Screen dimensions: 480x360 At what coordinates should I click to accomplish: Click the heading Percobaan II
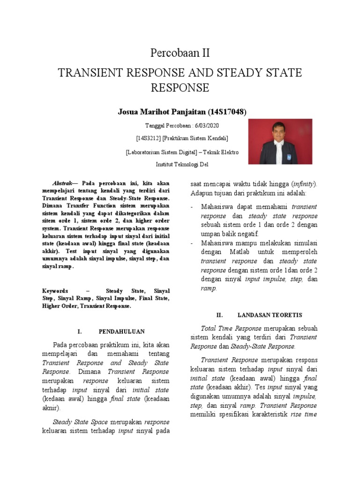point(180,53)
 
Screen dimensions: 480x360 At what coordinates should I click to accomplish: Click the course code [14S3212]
point(149,138)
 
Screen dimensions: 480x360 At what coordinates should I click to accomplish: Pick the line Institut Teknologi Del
point(182,165)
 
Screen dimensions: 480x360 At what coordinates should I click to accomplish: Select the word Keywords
point(55,291)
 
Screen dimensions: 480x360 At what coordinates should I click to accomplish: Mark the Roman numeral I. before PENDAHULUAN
point(80,331)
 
